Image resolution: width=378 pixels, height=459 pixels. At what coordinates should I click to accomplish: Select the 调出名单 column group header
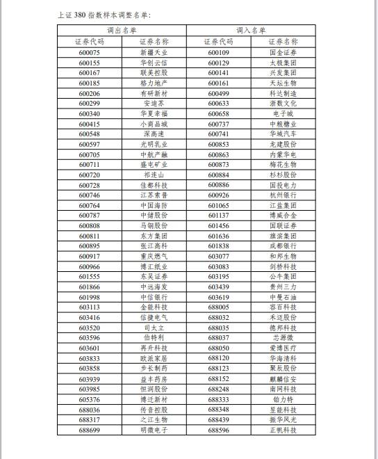pyautogui.click(x=122, y=31)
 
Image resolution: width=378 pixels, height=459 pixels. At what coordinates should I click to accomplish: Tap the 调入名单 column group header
pyautogui.click(x=251, y=31)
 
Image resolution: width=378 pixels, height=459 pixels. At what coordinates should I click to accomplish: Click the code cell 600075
pyautogui.click(x=89, y=52)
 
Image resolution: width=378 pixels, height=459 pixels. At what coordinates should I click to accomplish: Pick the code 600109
pyautogui.click(x=218, y=52)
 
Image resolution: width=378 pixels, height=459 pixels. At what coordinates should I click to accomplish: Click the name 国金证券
pyautogui.click(x=283, y=52)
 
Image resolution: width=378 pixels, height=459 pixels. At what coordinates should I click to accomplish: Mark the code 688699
pyautogui.click(x=89, y=430)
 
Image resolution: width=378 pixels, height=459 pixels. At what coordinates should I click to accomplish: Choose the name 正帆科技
pyautogui.click(x=283, y=430)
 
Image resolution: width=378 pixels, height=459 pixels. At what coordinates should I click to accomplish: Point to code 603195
pyautogui.click(x=218, y=277)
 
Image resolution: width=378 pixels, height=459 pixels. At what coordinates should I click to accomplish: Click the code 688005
pyautogui.click(x=218, y=307)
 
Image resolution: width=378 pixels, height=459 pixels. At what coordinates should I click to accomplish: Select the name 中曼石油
pyautogui.click(x=283, y=297)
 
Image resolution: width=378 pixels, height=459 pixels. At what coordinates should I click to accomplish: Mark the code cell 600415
pyautogui.click(x=89, y=124)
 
